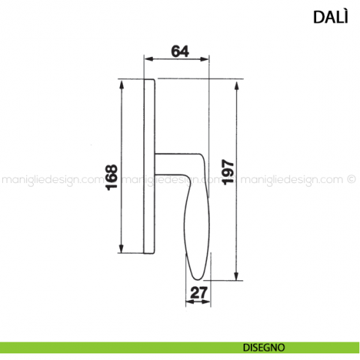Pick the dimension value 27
[x=196, y=294]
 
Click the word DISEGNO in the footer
[x=265, y=348]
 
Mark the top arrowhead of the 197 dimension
[x=236, y=83]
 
